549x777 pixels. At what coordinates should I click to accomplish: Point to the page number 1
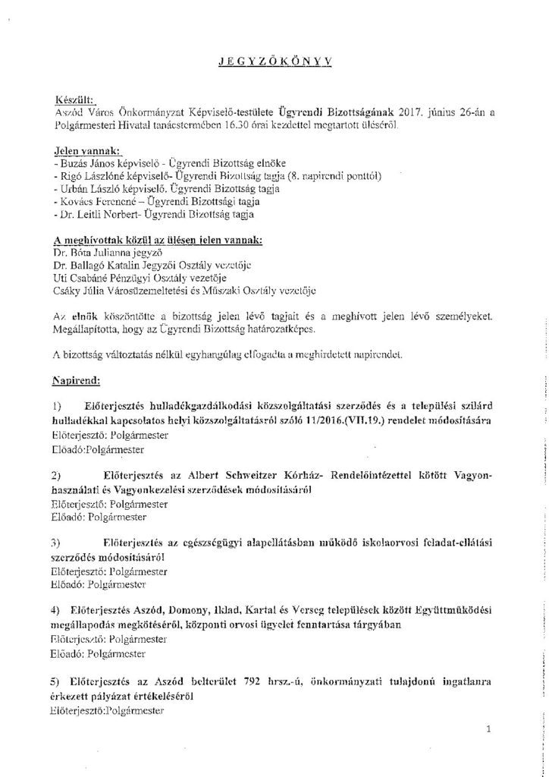pos(489,729)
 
